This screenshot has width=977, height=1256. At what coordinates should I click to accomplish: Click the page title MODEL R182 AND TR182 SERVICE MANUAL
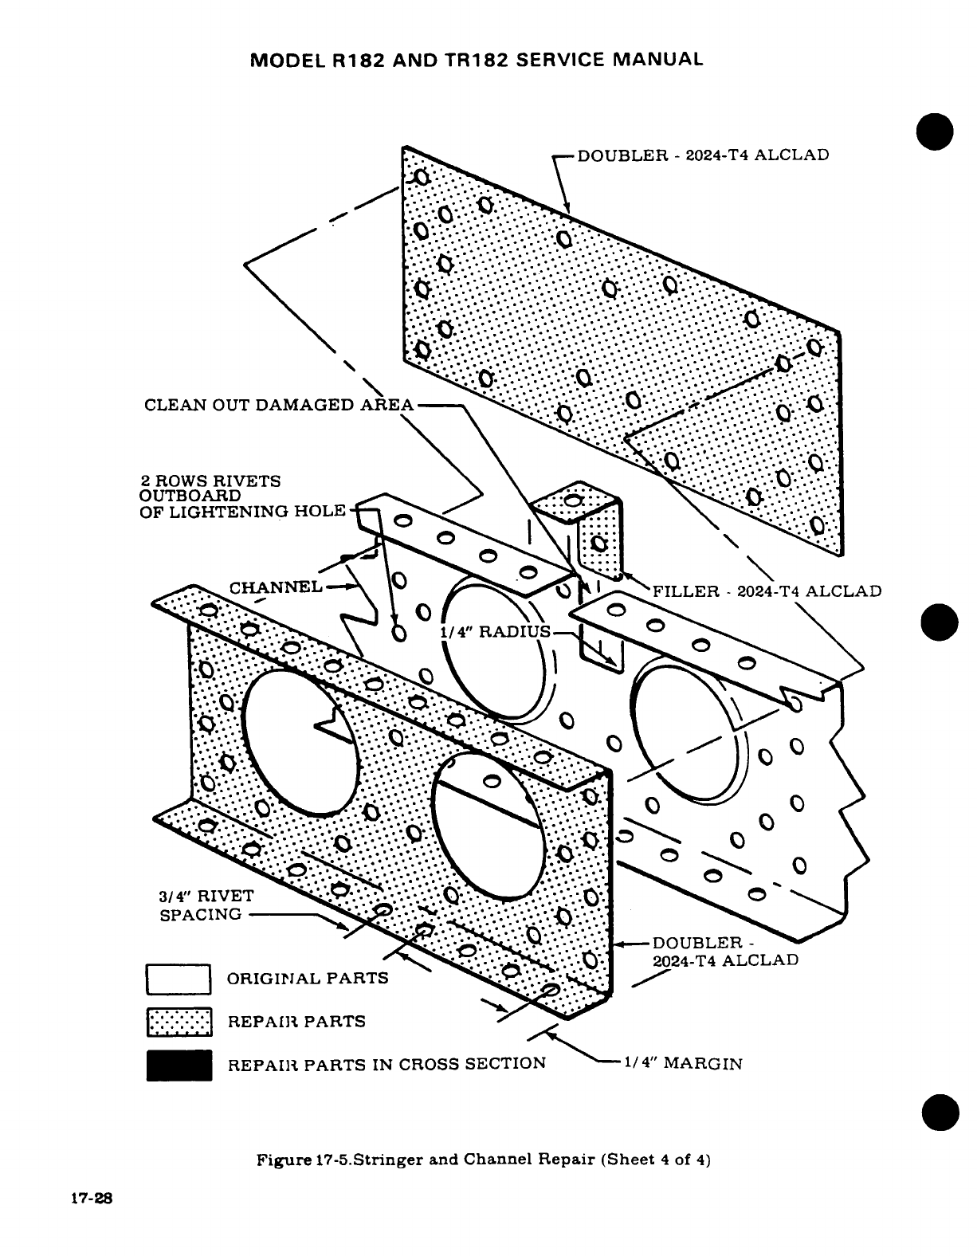point(477,60)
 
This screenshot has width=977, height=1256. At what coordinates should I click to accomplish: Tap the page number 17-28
point(94,1198)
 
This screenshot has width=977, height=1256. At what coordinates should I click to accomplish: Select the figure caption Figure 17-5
point(482,1160)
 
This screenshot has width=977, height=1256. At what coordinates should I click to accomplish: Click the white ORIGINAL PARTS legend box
point(179,979)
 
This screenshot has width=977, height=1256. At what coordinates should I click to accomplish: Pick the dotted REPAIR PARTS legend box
point(179,1022)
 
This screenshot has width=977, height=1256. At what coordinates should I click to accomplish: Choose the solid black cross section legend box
point(179,1066)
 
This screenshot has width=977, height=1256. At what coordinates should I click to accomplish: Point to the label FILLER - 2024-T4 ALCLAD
point(767,591)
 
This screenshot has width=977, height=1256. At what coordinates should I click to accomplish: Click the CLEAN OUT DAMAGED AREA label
point(279,405)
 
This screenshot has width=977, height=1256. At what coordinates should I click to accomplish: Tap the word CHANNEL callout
point(276,588)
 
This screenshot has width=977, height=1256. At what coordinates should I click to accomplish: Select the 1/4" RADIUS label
point(495,632)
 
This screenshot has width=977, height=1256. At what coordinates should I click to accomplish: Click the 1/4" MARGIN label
point(683,1063)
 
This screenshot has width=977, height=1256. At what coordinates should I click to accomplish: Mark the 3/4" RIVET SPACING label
point(206,905)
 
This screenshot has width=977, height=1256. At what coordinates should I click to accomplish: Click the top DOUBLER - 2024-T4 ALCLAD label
point(703,155)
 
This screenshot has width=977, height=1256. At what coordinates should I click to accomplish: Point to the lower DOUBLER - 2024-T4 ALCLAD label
point(724,952)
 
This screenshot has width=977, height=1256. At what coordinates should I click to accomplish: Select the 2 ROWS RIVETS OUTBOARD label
point(242,496)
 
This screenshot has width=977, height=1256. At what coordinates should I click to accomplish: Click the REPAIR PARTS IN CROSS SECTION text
point(386,1064)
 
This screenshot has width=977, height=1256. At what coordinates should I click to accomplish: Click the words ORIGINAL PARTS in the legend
point(308,978)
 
